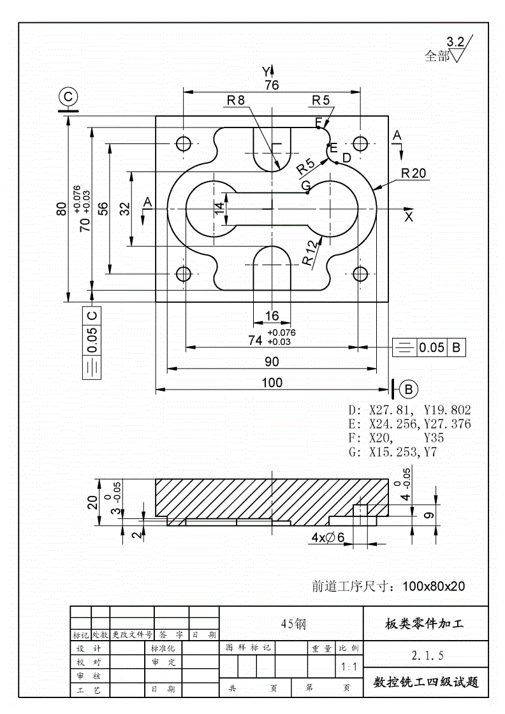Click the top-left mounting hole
pyautogui.click(x=184, y=143)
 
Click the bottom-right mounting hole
pyautogui.click(x=361, y=274)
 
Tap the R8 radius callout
pyautogui.click(x=235, y=100)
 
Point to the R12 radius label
pyautogui.click(x=311, y=252)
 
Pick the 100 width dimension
pyautogui.click(x=272, y=382)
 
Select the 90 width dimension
pyautogui.click(x=272, y=361)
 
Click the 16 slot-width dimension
pyautogui.click(x=272, y=316)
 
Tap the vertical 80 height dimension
pyautogui.click(x=62, y=209)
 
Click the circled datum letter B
pyautogui.click(x=409, y=388)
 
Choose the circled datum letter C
pyautogui.click(x=68, y=97)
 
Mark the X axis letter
pyautogui.click(x=409, y=217)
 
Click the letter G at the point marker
pyautogui.click(x=305, y=185)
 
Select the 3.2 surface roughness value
pyautogui.click(x=455, y=42)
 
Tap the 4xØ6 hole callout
pyautogui.click(x=328, y=538)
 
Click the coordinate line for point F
pyautogui.click(x=395, y=438)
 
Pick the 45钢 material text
pyautogui.click(x=293, y=624)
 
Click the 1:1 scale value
pyautogui.click(x=348, y=667)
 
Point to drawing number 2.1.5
pyautogui.click(x=427, y=655)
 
